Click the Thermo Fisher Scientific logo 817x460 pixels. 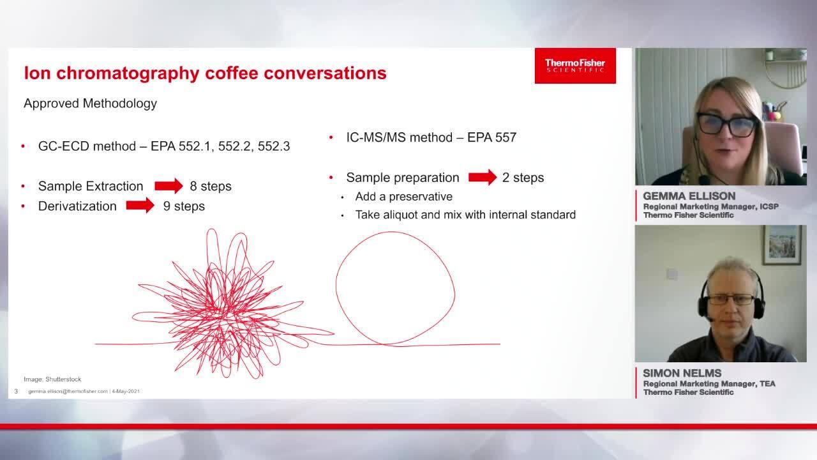pyautogui.click(x=575, y=66)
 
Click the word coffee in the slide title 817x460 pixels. pyautogui.click(x=232, y=73)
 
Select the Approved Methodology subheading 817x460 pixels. pyautogui.click(x=90, y=103)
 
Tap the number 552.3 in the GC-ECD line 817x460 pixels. pyautogui.click(x=274, y=146)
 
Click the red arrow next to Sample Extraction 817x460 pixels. pyautogui.click(x=169, y=186)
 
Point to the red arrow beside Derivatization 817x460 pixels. pyautogui.click(x=140, y=206)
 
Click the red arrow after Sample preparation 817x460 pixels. pyautogui.click(x=483, y=178)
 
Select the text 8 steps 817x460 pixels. pyautogui.click(x=211, y=186)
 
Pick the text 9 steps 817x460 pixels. pyautogui.click(x=184, y=206)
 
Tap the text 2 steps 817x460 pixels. pyautogui.click(x=523, y=178)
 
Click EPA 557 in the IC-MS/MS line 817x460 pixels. pyautogui.click(x=491, y=137)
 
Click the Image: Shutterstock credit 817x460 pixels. pyautogui.click(x=52, y=379)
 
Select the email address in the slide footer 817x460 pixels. pyautogui.click(x=68, y=392)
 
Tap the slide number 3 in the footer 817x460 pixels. pyautogui.click(x=16, y=392)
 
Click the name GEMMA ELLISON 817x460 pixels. pyautogui.click(x=689, y=196)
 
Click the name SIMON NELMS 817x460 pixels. pyautogui.click(x=682, y=373)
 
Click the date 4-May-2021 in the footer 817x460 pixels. pyautogui.click(x=126, y=392)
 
